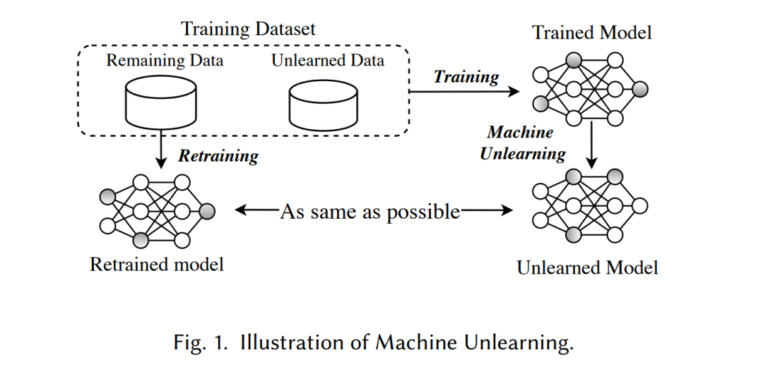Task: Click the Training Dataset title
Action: [248, 29]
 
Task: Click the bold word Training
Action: [466, 77]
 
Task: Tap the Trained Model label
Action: [591, 32]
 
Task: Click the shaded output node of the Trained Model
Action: [640, 89]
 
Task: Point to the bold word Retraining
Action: [218, 156]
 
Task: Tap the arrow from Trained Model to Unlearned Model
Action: [591, 144]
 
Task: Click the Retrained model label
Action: [157, 265]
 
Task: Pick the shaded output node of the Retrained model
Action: [207, 211]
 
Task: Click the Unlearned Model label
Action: [587, 267]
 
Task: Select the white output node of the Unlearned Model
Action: [640, 206]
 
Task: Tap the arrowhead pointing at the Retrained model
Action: [241, 210]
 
